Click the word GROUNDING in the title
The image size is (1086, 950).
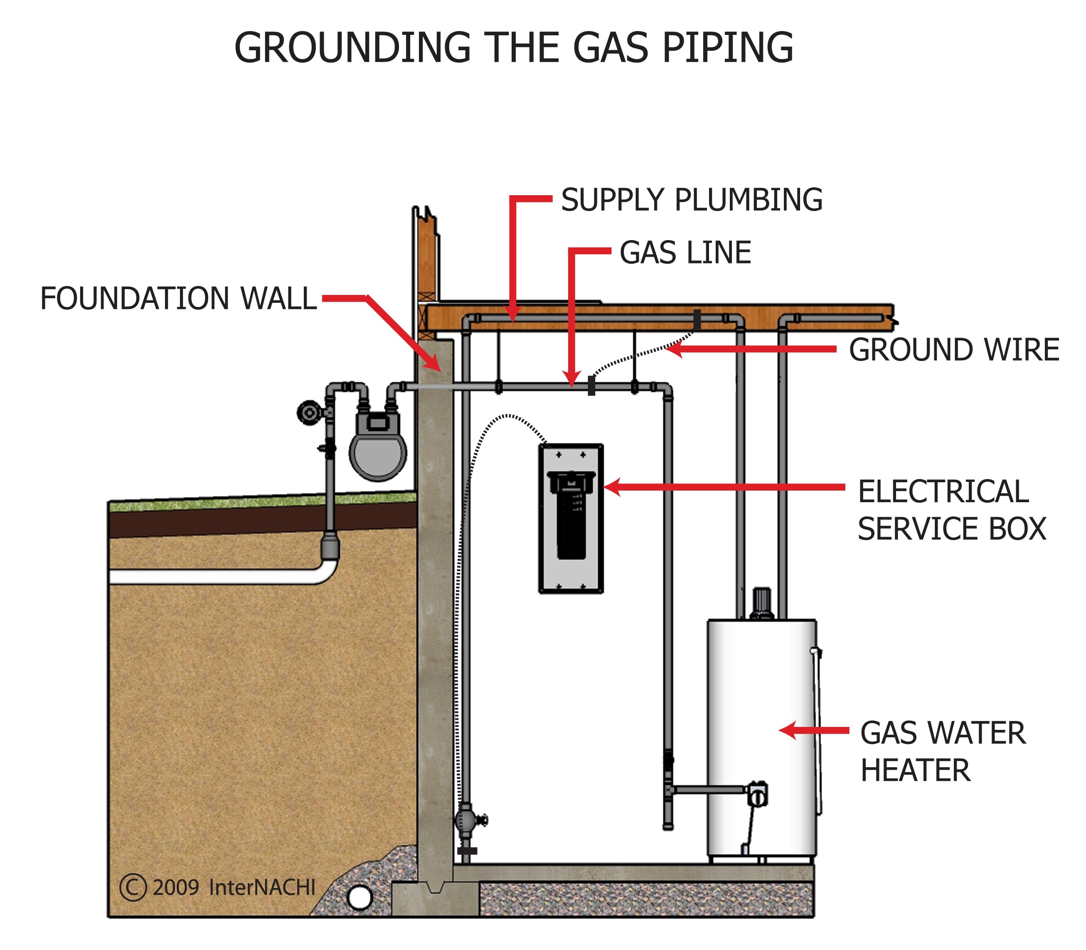pos(352,48)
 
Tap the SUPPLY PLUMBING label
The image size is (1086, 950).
pos(691,200)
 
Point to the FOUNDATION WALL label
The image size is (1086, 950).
pos(178,299)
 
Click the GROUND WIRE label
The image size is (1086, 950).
pos(953,350)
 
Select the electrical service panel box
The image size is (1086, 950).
pos(571,518)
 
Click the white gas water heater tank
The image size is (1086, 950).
pos(761,737)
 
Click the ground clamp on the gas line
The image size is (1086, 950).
pos(591,385)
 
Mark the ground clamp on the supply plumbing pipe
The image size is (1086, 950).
pos(697,319)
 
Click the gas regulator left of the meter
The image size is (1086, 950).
pos(308,412)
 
